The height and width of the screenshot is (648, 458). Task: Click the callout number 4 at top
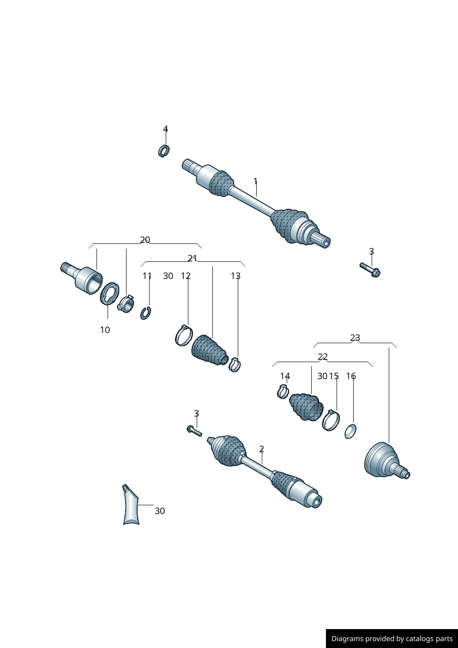tap(165, 129)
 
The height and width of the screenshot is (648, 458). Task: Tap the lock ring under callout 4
tap(163, 151)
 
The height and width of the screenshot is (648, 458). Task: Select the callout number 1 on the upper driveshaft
tap(255, 182)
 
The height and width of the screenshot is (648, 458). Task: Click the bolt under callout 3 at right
tap(370, 269)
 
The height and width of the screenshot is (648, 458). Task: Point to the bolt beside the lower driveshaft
tap(194, 431)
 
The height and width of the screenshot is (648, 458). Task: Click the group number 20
tap(145, 240)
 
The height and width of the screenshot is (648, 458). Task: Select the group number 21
tap(192, 258)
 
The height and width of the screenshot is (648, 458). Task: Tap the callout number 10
tap(105, 330)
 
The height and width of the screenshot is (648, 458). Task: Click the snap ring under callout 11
tap(146, 313)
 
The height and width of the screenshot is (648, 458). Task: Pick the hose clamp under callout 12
tap(183, 335)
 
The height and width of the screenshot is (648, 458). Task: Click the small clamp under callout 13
tap(235, 365)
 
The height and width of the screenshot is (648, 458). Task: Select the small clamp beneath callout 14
tap(283, 392)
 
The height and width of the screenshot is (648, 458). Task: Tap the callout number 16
tap(351, 376)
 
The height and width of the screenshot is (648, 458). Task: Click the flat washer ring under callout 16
tap(350, 431)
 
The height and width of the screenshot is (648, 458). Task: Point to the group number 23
tap(355, 338)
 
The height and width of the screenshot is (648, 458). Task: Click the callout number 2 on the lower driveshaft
tap(261, 449)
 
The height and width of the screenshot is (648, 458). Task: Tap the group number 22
tap(323, 357)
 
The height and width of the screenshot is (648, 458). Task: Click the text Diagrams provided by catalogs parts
tap(392, 639)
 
